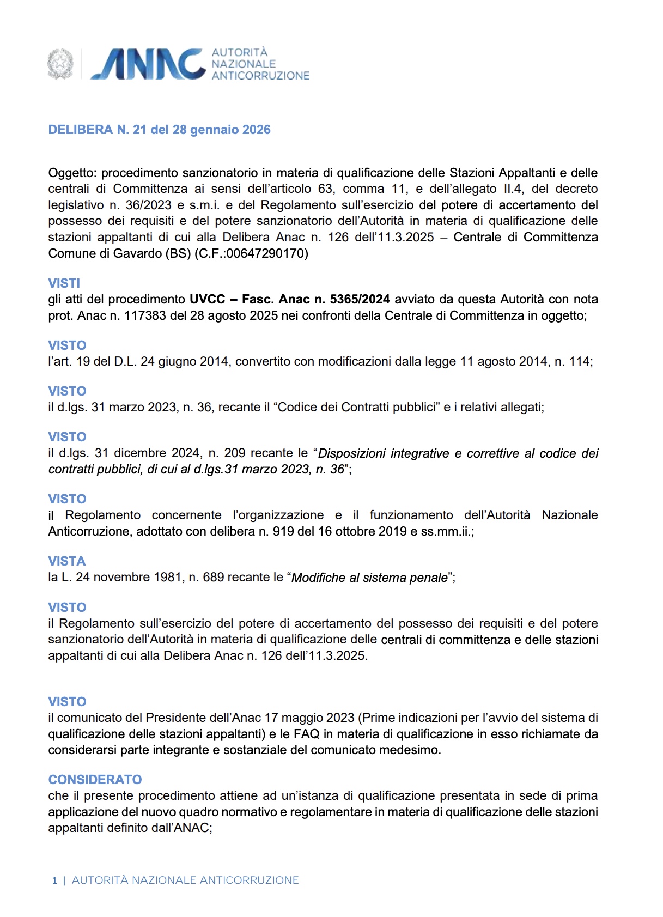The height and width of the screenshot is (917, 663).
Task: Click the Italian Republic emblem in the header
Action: tap(60, 64)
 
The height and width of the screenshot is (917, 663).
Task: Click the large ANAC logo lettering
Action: tap(148, 64)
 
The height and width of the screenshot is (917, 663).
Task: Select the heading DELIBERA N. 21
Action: tap(159, 130)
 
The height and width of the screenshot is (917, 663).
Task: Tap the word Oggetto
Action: tap(72, 173)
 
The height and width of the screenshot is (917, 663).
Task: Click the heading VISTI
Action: tap(64, 283)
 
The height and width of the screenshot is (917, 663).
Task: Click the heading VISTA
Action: tap(67, 561)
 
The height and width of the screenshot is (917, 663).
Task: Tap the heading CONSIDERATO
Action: tap(95, 780)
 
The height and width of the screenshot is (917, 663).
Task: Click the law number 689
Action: tap(213, 577)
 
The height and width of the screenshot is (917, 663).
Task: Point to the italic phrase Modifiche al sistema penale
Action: tap(369, 578)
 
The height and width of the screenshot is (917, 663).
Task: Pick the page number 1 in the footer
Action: tap(54, 880)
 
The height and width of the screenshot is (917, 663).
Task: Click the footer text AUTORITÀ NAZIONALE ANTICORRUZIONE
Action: tap(185, 880)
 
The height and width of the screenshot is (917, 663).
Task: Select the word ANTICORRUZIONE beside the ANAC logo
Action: tap(260, 76)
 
